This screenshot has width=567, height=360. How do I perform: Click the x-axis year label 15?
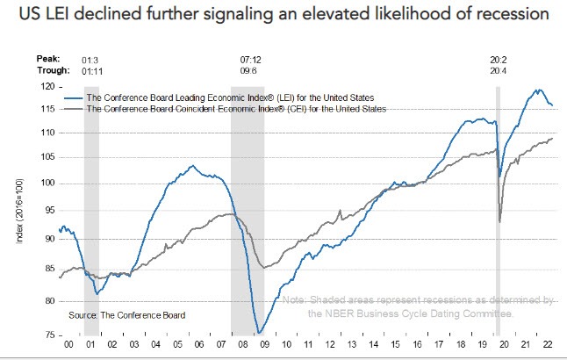pyautogui.click(x=395, y=347)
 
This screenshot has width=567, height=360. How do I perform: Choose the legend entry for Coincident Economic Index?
pyautogui.click(x=237, y=108)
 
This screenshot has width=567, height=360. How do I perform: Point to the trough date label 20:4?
pyautogui.click(x=499, y=70)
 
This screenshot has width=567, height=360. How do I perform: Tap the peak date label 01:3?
pyautogui.click(x=90, y=60)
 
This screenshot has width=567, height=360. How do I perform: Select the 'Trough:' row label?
pyautogui.click(x=51, y=70)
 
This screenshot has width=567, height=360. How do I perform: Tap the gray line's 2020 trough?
pyautogui.click(x=499, y=221)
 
